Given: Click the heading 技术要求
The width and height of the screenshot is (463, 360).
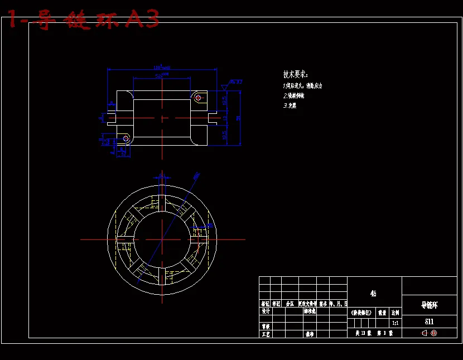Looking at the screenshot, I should (295, 74).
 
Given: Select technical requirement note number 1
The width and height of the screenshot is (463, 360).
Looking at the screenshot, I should (302, 86).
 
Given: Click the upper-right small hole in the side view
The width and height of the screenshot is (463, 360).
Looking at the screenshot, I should (198, 98).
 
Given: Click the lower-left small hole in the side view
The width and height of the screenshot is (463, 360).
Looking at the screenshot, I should (126, 137).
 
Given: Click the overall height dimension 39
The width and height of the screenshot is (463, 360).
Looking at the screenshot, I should (239, 118).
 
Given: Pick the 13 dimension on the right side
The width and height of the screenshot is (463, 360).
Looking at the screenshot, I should (225, 118).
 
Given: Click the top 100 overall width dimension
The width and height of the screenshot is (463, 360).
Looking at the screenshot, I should (162, 68).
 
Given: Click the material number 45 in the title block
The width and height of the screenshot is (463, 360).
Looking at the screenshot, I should (373, 293).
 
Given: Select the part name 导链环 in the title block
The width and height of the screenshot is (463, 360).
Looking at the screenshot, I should (429, 305).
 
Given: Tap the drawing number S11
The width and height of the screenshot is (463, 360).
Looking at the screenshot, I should (429, 321).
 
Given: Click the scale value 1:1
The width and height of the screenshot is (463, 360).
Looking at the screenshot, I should (395, 323).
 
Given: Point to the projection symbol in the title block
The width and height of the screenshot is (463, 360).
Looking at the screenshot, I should (429, 333).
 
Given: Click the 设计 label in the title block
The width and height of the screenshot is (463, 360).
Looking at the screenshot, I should (266, 311).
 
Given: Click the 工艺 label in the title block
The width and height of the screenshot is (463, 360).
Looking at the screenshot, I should (266, 334).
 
